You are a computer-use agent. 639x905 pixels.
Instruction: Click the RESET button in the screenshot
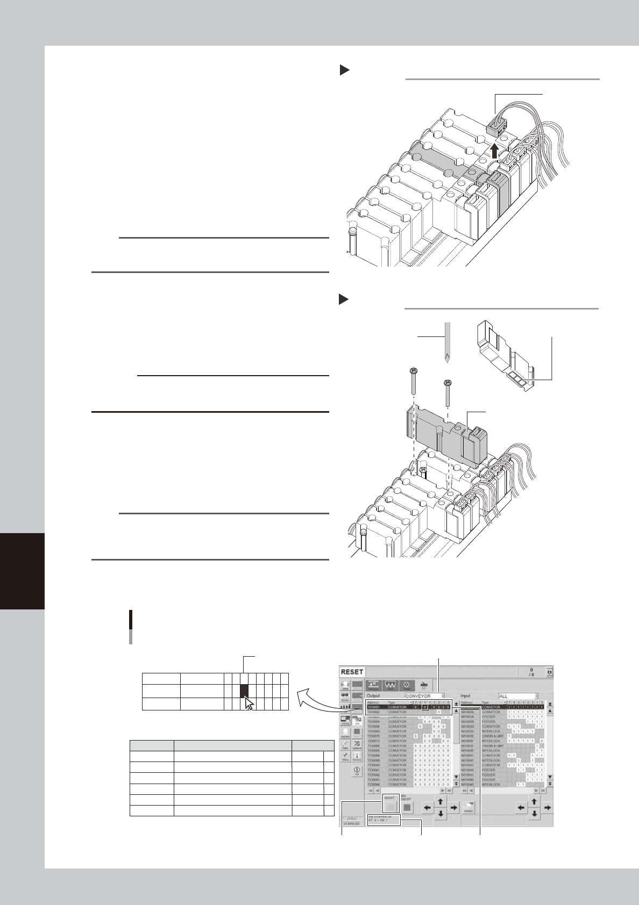pyautogui.click(x=352, y=672)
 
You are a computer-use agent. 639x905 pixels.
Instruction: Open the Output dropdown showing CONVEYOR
pyautogui.click(x=424, y=696)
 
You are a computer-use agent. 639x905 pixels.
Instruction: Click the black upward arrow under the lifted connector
pyautogui.click(x=495, y=149)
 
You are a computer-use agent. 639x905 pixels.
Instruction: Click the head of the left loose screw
pyautogui.click(x=413, y=371)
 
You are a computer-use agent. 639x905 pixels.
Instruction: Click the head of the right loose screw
pyautogui.click(x=448, y=383)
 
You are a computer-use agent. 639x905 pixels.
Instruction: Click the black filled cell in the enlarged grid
pyautogui.click(x=244, y=689)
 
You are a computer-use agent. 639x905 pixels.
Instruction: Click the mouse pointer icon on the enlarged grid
pyautogui.click(x=248, y=703)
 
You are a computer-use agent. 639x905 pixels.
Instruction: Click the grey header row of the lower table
pyautogui.click(x=232, y=745)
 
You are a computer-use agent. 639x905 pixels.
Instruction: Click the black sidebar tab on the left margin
pyautogui.click(x=22, y=570)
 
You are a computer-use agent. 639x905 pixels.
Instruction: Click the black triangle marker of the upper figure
pyautogui.click(x=344, y=70)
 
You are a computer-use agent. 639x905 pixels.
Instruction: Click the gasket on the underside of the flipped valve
pyautogui.click(x=517, y=380)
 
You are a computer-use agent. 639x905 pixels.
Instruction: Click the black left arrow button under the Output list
pyautogui.click(x=428, y=807)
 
